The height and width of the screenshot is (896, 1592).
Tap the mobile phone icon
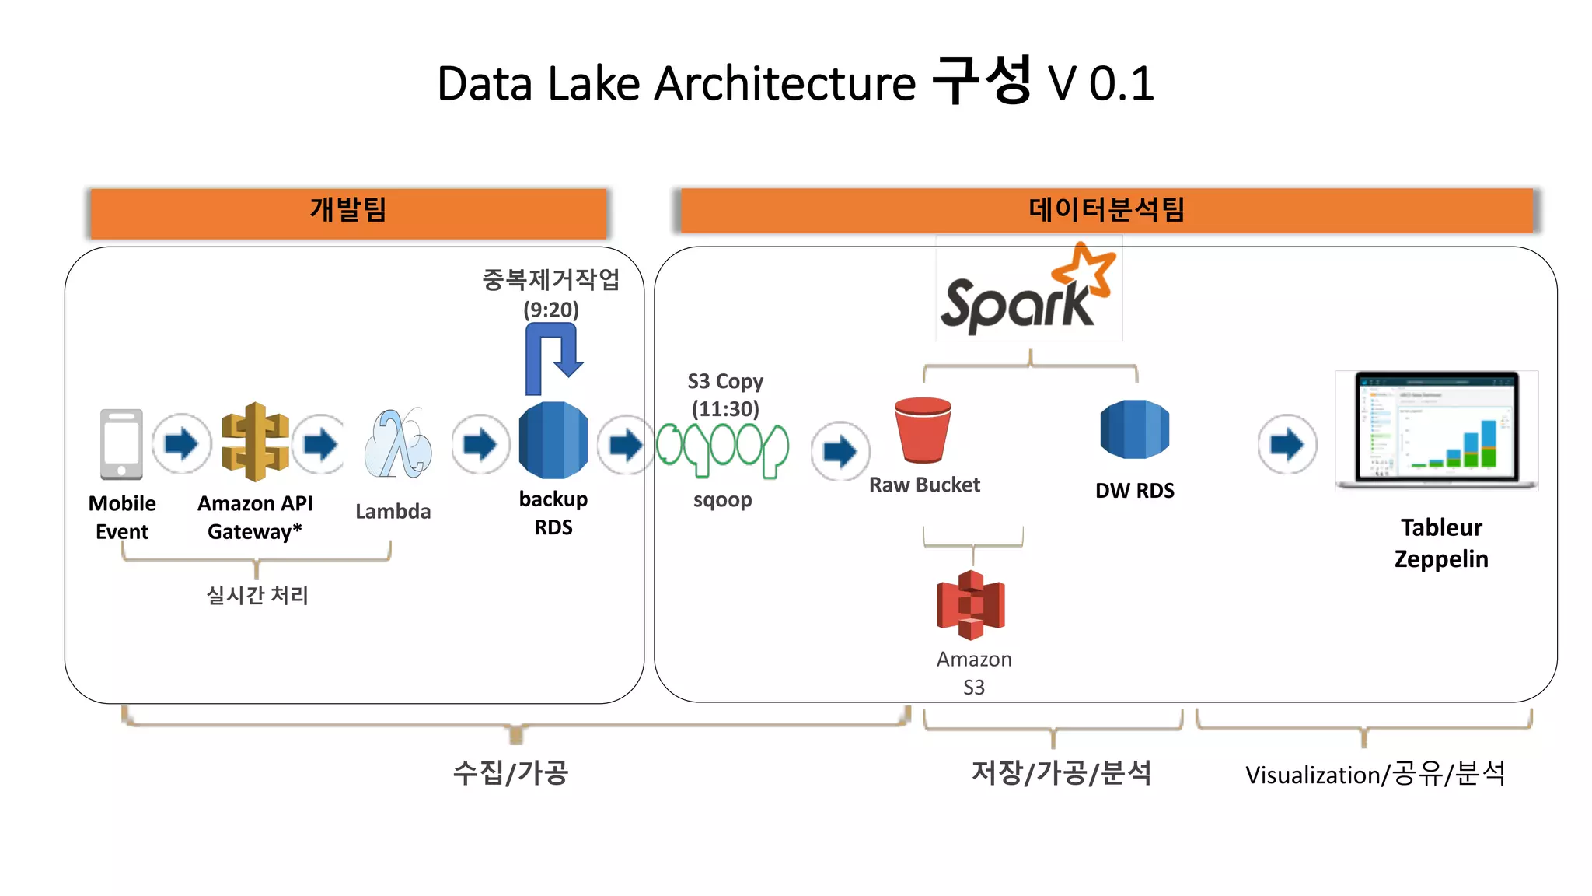pos(121,443)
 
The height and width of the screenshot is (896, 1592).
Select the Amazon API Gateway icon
pos(255,442)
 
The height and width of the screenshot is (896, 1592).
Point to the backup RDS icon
pos(553,440)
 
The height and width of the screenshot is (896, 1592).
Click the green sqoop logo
pos(722,448)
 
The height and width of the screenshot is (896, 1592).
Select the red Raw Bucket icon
pos(923,430)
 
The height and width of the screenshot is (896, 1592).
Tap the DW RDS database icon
pos(1134,429)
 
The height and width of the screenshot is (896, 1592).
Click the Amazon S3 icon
pos(971,605)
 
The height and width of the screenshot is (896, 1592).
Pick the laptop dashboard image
pos(1436,429)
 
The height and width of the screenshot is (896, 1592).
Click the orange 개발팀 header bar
pos(348,212)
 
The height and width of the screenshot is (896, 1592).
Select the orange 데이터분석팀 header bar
pos(1106,210)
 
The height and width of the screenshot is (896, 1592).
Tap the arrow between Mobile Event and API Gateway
pos(181,444)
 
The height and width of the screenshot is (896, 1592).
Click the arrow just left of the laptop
pos(1287,445)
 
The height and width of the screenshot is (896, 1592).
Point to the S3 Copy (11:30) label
pos(725,395)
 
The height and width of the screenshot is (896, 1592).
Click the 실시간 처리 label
pos(257,596)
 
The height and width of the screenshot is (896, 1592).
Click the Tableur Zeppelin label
pos(1440,543)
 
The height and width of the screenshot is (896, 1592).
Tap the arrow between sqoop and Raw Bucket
pos(840,451)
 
